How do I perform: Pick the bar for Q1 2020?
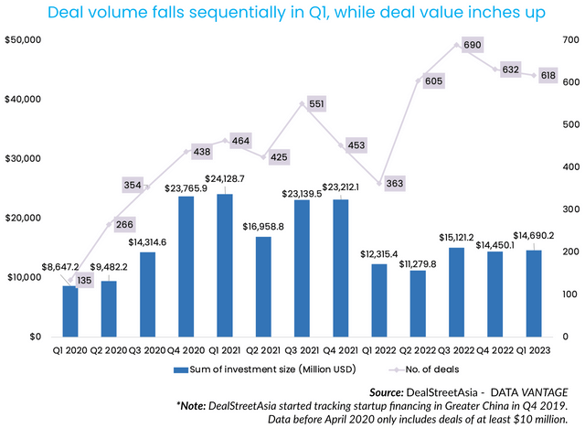[x=69, y=311]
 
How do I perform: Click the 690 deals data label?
[x=473, y=44]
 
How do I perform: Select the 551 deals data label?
[x=317, y=104]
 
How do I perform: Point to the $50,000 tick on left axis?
[x=22, y=41]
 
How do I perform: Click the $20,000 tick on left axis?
[x=22, y=218]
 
